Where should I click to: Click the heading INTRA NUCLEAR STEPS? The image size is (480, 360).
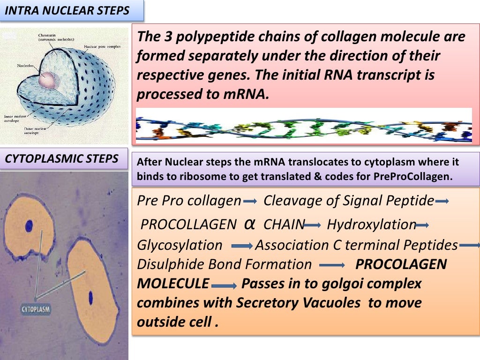pos(67,10)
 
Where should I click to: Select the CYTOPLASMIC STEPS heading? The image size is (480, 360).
pos(61,158)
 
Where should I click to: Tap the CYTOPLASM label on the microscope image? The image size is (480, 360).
pos(36,309)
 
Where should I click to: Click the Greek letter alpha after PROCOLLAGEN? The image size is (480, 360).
pos(250,224)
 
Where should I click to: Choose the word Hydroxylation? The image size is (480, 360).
pos(371,225)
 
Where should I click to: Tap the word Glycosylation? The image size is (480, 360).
pos(180,245)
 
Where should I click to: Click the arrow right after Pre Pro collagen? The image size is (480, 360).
pos(250,202)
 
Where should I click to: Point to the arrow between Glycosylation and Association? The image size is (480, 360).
pos(242,246)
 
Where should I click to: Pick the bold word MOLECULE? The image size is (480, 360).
pos(173,284)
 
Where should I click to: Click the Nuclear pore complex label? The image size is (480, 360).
pos(102,47)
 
